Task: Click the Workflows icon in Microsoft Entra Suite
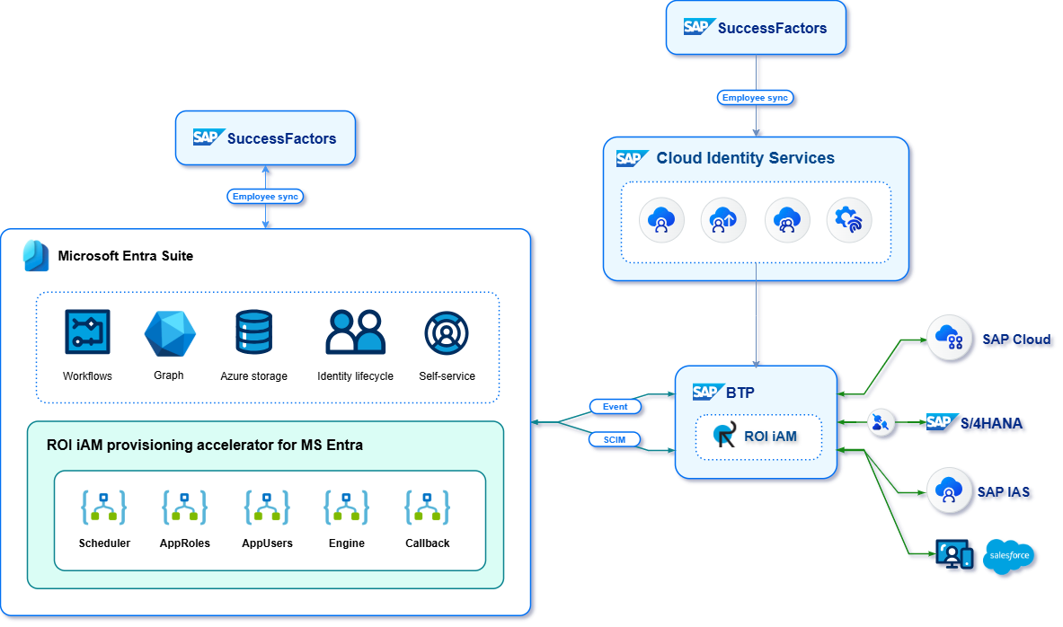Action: [87, 332]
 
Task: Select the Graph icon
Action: [170, 333]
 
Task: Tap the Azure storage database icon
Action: [253, 332]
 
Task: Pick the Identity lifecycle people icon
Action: [355, 332]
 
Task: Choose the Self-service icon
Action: [447, 332]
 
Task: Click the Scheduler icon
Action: [104, 508]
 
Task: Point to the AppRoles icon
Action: [185, 508]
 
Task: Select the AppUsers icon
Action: [267, 508]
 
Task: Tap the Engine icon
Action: [347, 508]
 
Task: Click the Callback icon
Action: [428, 508]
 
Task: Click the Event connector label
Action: [616, 407]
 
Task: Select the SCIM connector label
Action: [616, 439]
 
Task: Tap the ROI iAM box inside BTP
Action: [758, 437]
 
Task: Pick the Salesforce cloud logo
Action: [1010, 556]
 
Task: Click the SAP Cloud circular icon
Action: [949, 339]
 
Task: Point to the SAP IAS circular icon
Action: [949, 490]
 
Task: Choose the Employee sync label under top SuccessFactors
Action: [757, 98]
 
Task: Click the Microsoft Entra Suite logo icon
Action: [36, 255]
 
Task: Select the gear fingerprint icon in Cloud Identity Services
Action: [848, 220]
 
